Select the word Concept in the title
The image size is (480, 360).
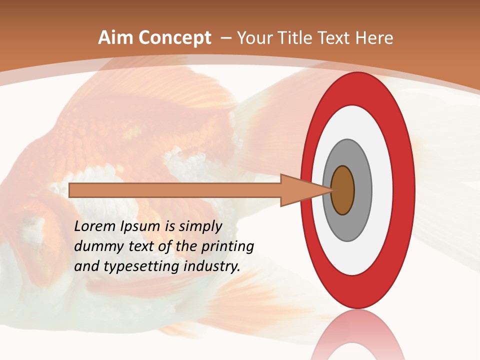175,38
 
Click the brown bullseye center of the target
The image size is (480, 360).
342,190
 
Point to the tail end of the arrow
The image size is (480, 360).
72,190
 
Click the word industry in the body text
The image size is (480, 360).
212,267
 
